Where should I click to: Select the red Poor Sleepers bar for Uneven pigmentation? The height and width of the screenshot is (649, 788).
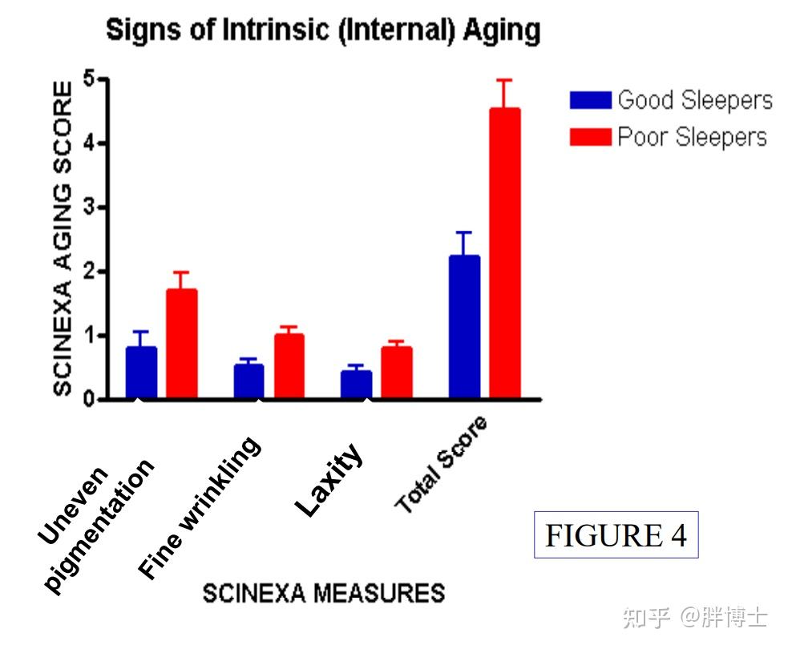click(182, 344)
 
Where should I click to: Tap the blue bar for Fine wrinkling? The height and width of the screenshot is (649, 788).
click(249, 381)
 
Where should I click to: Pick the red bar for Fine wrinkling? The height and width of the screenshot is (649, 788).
click(289, 366)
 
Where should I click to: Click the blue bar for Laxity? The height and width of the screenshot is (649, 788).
click(356, 385)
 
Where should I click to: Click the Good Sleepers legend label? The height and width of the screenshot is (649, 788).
click(694, 100)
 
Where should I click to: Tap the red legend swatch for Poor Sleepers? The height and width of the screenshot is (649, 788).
click(590, 137)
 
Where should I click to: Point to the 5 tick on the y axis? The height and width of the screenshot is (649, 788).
click(89, 80)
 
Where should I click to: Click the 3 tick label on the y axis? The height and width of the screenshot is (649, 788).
click(89, 208)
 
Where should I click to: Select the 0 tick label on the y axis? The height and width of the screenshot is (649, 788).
click(89, 399)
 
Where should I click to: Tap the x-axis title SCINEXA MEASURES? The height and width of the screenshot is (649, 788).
click(323, 593)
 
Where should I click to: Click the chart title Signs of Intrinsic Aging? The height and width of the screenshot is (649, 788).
click(323, 31)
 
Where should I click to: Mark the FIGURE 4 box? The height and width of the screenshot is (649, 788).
click(616, 534)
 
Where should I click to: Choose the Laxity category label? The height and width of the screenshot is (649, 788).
click(329, 480)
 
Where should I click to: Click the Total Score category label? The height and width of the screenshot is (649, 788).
click(441, 466)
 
